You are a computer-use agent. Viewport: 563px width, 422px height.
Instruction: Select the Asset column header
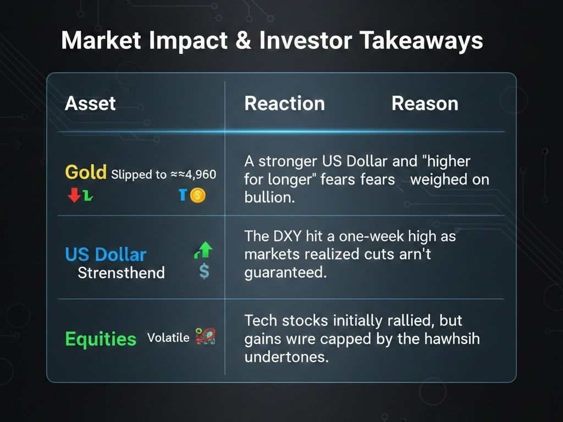pos(90,104)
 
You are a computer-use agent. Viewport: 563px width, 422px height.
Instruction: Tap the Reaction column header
pos(285,103)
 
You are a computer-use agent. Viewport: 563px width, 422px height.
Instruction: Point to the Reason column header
pos(425,103)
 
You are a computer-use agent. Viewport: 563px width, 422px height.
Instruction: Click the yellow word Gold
pos(86,172)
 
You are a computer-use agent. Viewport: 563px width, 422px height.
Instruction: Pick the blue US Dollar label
pos(106,254)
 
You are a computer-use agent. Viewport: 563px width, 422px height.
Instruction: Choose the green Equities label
pos(101,338)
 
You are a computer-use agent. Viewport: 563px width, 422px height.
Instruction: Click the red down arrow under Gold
pos(74,195)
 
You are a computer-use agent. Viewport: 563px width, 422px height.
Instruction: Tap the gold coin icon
pos(197,196)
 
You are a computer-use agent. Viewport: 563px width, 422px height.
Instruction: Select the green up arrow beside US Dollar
pos(203,250)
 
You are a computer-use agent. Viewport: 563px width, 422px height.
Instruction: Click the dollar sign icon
pos(204,271)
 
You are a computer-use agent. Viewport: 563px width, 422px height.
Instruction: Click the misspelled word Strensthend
pos(122,273)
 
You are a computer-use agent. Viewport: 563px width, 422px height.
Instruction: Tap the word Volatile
pos(168,337)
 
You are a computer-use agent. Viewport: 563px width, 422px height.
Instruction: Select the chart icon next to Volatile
pos(206,337)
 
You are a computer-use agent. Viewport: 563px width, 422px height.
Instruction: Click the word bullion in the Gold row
pos(269,197)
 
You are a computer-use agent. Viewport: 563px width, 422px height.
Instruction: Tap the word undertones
pos(286,357)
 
